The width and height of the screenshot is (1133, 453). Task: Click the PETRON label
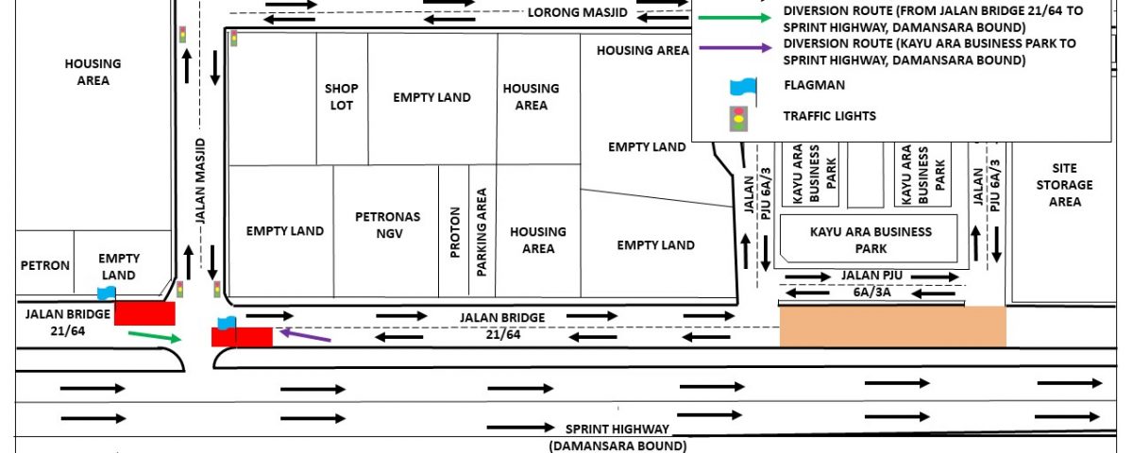(45, 265)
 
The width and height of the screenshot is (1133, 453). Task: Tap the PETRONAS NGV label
(388, 225)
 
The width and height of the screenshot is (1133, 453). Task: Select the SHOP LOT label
(342, 96)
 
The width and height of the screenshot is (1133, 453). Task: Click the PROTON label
(455, 232)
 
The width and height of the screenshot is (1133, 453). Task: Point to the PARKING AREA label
(482, 232)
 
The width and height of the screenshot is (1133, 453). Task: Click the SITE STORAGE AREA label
(1065, 185)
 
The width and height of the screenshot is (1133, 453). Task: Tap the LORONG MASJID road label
(578, 12)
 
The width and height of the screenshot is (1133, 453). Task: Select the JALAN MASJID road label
(201, 180)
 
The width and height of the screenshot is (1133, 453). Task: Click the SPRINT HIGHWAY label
(617, 428)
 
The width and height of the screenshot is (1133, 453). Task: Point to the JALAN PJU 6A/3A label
(871, 284)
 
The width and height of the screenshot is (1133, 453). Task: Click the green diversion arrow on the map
(155, 337)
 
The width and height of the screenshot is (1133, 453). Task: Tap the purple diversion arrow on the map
(306, 335)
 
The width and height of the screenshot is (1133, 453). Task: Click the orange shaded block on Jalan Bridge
(893, 327)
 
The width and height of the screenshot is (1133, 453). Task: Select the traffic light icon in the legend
(739, 119)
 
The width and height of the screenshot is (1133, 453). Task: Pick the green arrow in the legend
(735, 18)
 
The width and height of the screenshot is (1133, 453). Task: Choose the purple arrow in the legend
(735, 48)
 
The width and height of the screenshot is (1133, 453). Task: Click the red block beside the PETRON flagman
(144, 313)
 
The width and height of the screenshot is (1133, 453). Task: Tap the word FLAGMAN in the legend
(814, 85)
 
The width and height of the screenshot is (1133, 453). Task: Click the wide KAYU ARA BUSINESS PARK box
(869, 239)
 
